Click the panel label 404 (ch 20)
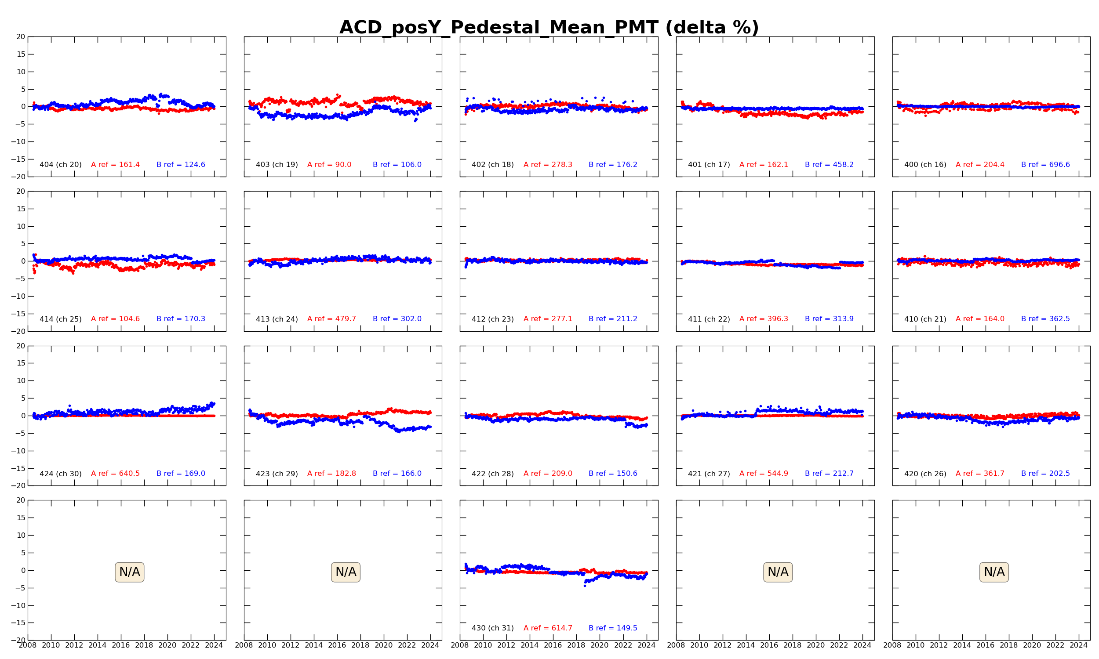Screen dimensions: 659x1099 click(60, 165)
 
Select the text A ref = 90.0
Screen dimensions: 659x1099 click(329, 165)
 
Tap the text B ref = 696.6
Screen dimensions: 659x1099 click(1045, 165)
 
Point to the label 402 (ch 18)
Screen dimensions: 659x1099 click(493, 165)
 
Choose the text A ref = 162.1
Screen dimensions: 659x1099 click(764, 165)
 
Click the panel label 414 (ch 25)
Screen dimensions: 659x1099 click(60, 319)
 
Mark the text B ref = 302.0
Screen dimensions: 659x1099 click(397, 319)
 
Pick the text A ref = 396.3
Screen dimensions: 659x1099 click(764, 319)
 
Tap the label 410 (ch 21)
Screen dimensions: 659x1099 click(925, 319)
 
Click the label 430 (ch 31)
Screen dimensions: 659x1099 click(493, 628)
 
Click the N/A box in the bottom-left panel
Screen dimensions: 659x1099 click(129, 572)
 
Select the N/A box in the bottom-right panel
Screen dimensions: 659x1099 click(994, 572)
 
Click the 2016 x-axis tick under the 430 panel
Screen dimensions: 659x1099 click(553, 645)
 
